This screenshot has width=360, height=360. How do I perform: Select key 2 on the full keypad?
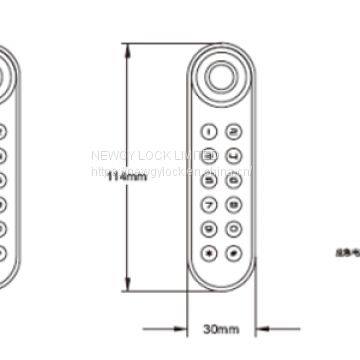pyautogui.click(x=232, y=131)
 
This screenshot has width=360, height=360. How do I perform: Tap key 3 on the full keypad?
pyautogui.click(x=209, y=155)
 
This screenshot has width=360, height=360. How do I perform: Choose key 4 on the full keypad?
pyautogui.click(x=232, y=155)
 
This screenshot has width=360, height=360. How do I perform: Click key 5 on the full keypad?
pyautogui.click(x=209, y=179)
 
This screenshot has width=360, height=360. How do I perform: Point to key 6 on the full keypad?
pyautogui.click(x=232, y=179)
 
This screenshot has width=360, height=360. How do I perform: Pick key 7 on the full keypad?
pyautogui.click(x=209, y=203)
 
